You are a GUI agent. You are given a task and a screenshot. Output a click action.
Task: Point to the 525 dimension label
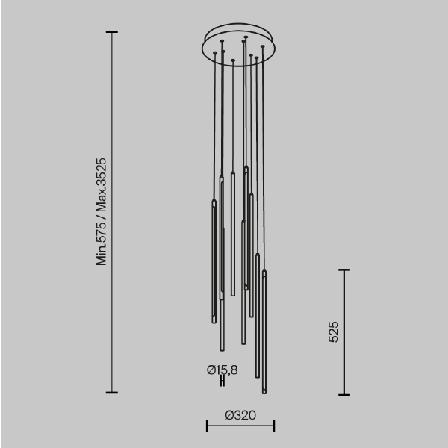click(x=334, y=332)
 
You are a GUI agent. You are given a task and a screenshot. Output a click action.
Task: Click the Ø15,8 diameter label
click(x=222, y=369)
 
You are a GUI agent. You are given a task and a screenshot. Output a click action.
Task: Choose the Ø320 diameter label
click(x=240, y=414)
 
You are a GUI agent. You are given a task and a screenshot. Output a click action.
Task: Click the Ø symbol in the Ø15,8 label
click(x=211, y=369)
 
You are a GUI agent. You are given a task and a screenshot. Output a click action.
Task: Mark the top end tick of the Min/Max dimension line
click(x=112, y=32)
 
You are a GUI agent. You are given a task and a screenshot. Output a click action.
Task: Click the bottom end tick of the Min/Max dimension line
click(x=112, y=392)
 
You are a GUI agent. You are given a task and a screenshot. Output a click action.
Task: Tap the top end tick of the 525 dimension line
click(x=344, y=270)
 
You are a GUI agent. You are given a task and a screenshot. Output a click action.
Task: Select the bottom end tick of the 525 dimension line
click(x=344, y=394)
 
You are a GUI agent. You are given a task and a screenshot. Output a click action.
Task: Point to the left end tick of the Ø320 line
click(x=207, y=426)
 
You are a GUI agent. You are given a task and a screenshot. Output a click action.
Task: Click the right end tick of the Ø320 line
click(x=274, y=426)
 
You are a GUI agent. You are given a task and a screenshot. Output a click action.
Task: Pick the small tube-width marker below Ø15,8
click(x=222, y=381)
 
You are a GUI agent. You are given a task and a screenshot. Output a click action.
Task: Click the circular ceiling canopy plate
click(x=239, y=46)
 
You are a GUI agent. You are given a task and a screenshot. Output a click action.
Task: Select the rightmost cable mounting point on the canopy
click(x=263, y=47)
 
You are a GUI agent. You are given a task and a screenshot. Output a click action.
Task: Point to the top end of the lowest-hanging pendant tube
click(x=263, y=272)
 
